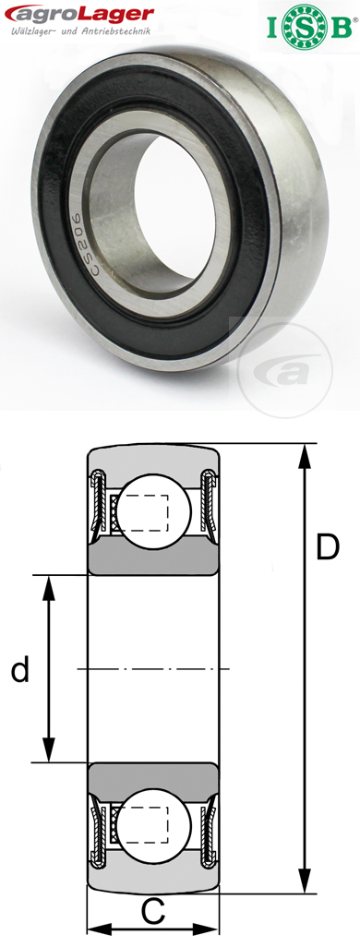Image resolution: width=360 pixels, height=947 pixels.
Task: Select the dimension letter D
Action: coord(327,547)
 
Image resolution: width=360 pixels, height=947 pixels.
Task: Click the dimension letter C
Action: coord(153,913)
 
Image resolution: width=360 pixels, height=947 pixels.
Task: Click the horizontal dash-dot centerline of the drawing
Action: coord(153,667)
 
